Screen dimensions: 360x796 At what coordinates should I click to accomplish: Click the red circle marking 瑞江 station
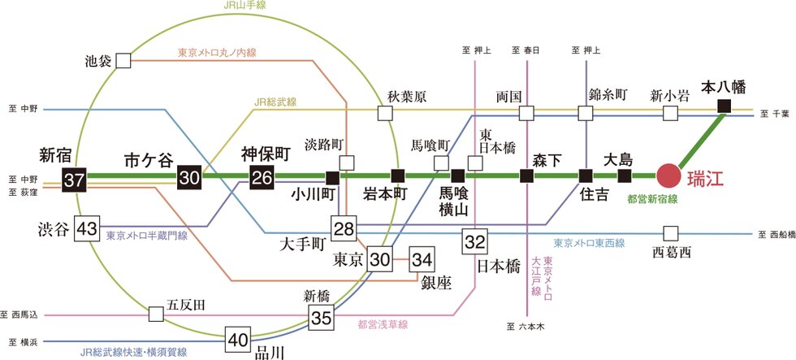point(670,176)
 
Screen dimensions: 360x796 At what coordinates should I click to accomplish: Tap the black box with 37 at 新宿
point(74,177)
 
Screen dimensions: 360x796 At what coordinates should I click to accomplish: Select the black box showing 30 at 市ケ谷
point(189,176)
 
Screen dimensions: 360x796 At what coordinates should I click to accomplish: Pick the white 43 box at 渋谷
point(86,229)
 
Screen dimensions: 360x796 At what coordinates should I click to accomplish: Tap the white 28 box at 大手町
point(342,228)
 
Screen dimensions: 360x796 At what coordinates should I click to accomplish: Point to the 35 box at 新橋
point(321,317)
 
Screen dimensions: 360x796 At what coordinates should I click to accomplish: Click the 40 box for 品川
point(237,339)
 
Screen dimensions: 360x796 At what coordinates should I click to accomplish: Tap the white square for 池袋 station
point(123,60)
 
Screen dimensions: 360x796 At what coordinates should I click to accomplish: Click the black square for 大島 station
point(624,176)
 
